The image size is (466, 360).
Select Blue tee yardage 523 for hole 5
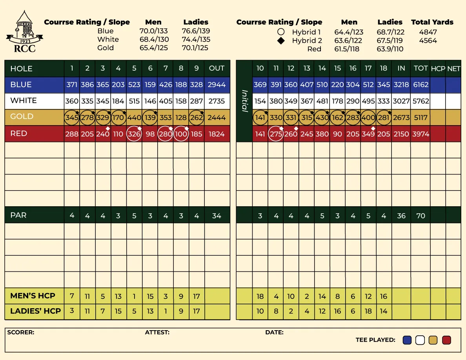point(134,85)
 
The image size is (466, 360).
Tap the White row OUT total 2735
point(217,101)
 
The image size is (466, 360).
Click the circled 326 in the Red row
point(134,134)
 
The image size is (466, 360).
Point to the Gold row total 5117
point(420,118)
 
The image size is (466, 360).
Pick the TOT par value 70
point(420,216)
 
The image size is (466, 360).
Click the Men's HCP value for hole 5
point(134,296)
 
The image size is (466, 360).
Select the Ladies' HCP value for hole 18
point(384,311)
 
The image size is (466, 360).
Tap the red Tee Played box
point(446,340)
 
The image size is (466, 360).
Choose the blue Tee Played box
point(407,340)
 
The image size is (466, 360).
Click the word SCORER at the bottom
point(21,333)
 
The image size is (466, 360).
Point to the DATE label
point(274,333)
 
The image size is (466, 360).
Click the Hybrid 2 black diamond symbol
point(281,41)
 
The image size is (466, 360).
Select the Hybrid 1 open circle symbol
point(281,32)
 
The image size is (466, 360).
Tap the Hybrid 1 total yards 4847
point(428,32)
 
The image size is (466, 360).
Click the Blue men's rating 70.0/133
point(154,31)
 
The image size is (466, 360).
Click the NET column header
point(453,69)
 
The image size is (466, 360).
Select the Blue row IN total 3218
point(401,85)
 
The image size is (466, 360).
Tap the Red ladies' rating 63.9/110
point(390,49)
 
